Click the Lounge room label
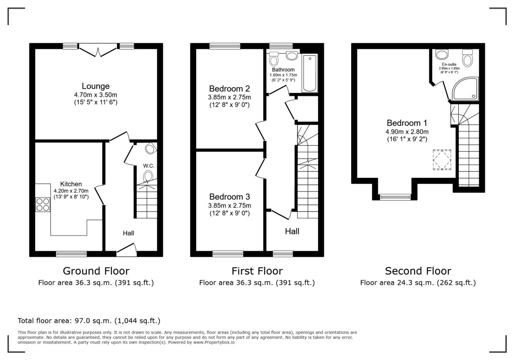[x=96, y=86]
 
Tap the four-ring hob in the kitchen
[x=43, y=204]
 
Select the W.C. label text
[x=149, y=165]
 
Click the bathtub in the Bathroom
[x=309, y=73]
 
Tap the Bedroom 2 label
[x=229, y=89]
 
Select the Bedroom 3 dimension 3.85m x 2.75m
[x=229, y=206]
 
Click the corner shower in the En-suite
[x=465, y=89]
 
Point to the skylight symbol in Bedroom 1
[x=442, y=160]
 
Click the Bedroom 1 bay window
[x=395, y=197]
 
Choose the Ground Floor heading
[x=96, y=271]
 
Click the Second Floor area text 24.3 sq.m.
[x=418, y=283]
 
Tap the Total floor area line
[x=89, y=321]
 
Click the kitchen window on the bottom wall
[x=71, y=254]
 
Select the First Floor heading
[x=257, y=271]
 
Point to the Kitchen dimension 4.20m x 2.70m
[x=71, y=191]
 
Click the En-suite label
[x=449, y=64]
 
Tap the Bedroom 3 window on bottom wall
[x=228, y=254]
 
